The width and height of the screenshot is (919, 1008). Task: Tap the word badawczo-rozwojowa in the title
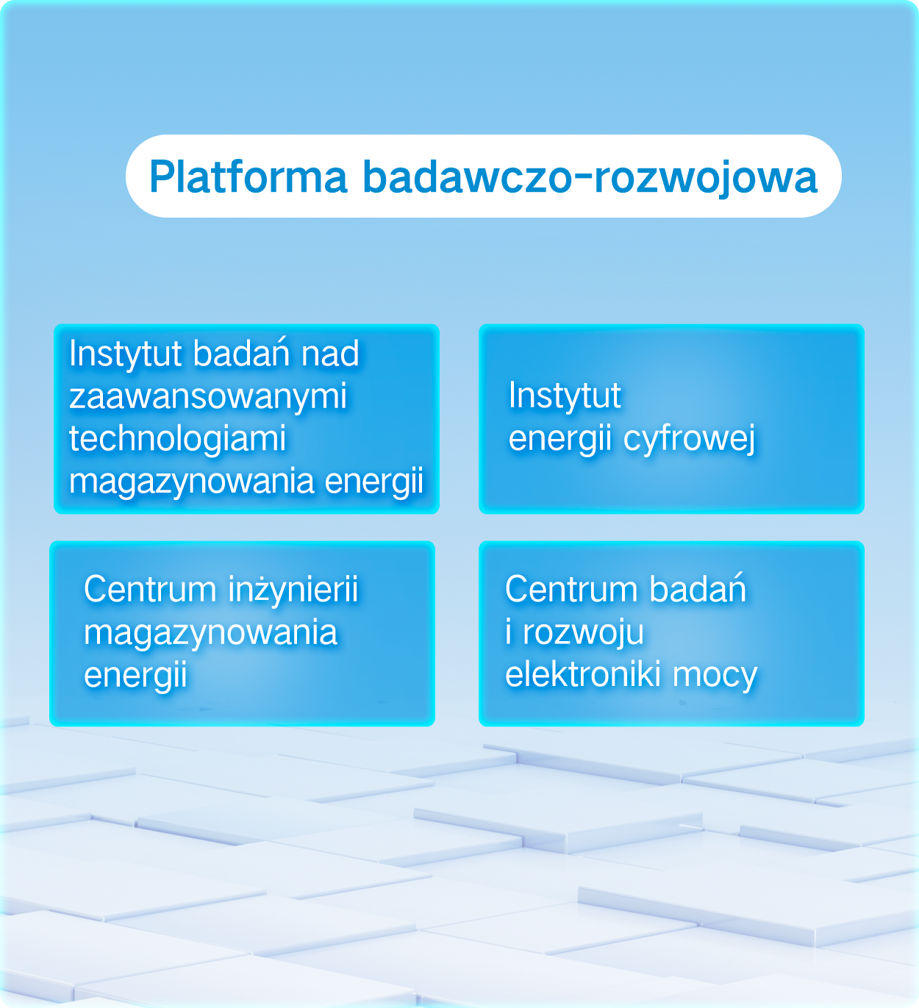point(590,178)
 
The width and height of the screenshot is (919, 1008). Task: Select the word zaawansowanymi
point(207,396)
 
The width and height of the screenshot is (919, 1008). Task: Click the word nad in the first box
point(330,353)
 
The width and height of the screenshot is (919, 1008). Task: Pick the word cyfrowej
point(689,439)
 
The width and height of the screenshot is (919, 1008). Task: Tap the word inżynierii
point(293,589)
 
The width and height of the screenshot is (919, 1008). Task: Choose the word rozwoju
point(583,632)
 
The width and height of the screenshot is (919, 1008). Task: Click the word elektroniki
point(582,674)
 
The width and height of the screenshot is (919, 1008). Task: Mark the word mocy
point(715,676)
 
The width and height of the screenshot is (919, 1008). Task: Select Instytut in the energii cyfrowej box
point(565,396)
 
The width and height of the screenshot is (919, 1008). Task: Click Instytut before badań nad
point(125,354)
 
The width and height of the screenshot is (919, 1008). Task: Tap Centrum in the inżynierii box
point(150,590)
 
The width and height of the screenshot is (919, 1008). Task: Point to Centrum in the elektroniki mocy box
point(571,590)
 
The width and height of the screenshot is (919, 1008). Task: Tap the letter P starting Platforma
point(161,176)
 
